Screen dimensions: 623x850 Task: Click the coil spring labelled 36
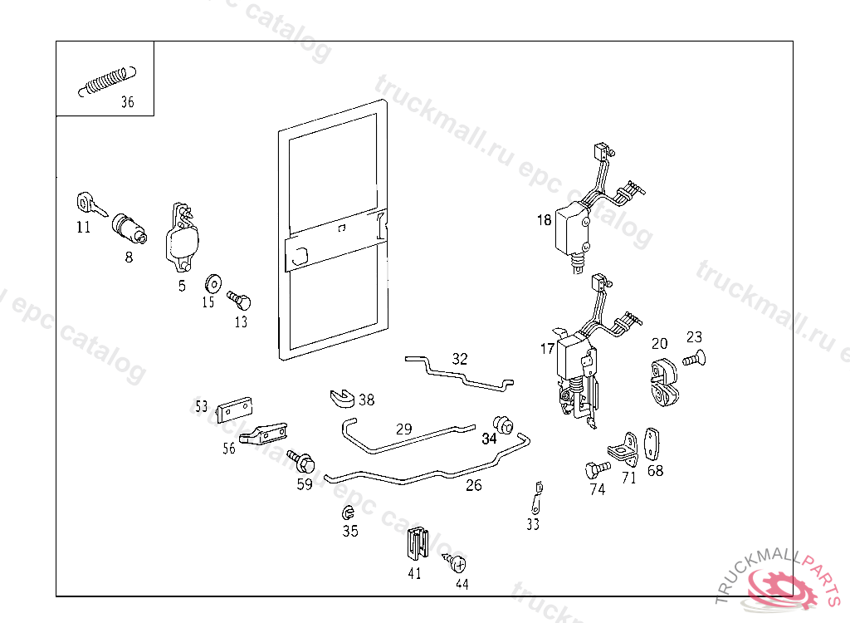point(105,80)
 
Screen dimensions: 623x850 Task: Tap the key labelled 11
point(89,204)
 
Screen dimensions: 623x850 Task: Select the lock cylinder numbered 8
point(129,228)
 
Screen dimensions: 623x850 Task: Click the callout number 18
point(544,220)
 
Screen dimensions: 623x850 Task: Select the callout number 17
point(547,349)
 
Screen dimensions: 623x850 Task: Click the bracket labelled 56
point(264,434)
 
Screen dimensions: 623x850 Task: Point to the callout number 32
point(460,359)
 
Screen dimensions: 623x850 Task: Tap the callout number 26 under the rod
point(473,485)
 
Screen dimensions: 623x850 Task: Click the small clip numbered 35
point(348,512)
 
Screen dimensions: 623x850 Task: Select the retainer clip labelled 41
point(418,544)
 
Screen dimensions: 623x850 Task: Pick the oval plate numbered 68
point(652,442)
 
